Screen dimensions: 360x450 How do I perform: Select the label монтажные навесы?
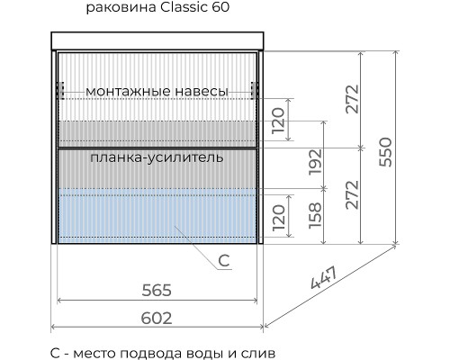coord(157,91)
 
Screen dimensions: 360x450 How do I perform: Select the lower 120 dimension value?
coord(279,217)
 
